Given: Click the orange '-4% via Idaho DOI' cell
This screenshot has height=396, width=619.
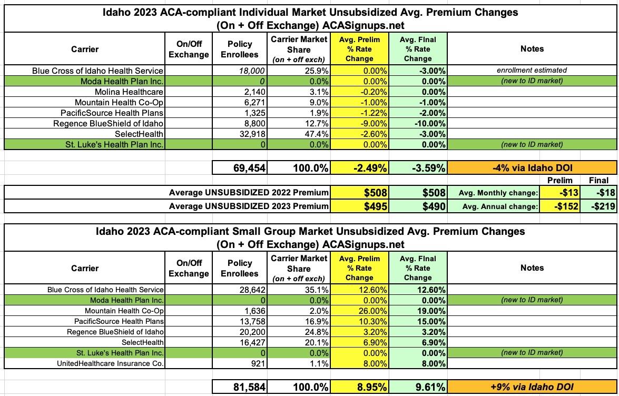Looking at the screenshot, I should click(x=532, y=168).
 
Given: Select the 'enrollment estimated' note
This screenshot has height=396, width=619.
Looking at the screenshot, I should click(x=532, y=70).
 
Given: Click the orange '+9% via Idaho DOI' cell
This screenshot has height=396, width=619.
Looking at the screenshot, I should click(x=532, y=387).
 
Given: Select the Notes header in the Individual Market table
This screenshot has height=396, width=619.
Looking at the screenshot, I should click(x=532, y=48).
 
